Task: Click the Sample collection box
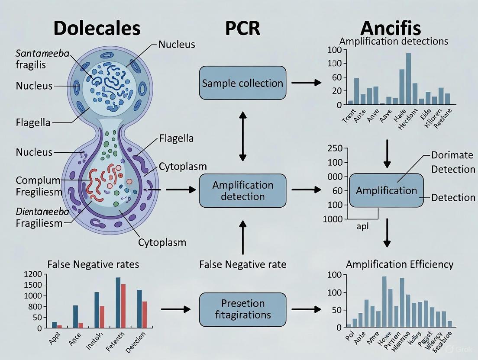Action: tap(242, 83)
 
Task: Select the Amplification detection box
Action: tap(242, 190)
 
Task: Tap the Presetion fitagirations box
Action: tap(242, 309)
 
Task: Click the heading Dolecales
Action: tap(97, 28)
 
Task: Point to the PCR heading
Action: tap(242, 28)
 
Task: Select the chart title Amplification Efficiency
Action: tap(400, 264)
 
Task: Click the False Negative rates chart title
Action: tap(93, 264)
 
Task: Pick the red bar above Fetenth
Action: tap(123, 305)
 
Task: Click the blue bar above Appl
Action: tap(55, 325)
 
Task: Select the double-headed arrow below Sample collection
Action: tap(242, 135)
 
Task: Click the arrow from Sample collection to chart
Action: tap(306, 82)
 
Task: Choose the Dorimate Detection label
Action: tap(453, 162)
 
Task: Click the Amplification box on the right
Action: tap(386, 190)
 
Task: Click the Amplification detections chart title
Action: tap(394, 42)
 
